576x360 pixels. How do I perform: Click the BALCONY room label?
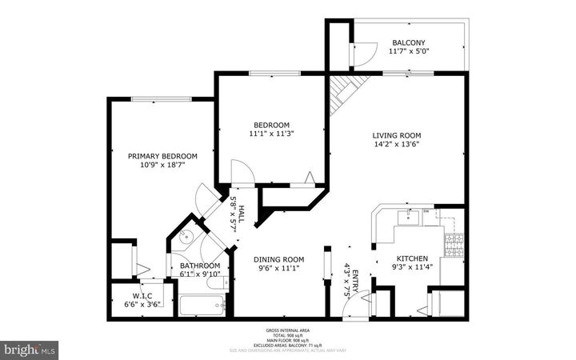coord(408,43)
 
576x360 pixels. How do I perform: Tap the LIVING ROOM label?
coord(396,135)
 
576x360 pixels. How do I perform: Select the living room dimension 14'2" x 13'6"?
coord(396,145)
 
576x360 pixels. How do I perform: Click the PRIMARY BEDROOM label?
coord(162,157)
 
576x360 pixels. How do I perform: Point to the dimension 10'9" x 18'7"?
coord(162,166)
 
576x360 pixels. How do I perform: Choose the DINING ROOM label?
coord(279,259)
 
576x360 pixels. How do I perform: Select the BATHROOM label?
coord(199,266)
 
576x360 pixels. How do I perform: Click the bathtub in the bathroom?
coord(201,306)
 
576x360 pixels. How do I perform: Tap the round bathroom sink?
coord(184,236)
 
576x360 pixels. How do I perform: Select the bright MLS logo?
coord(30,349)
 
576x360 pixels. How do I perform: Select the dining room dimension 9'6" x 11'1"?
coord(279,269)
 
